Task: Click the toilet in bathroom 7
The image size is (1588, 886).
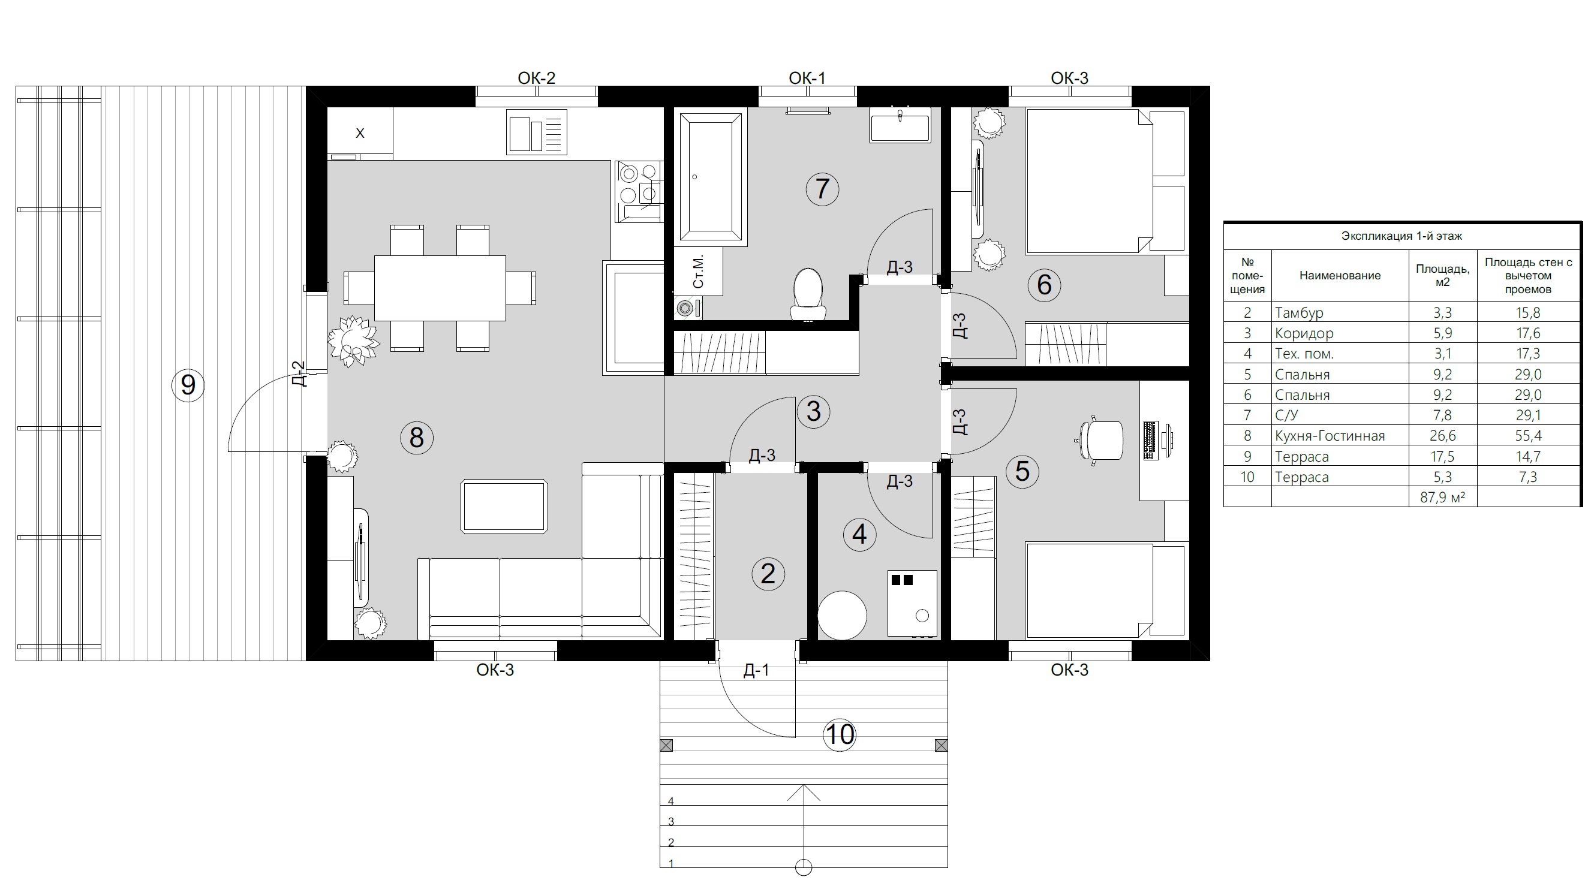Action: [x=808, y=293]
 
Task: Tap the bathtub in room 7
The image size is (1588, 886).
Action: [x=711, y=177]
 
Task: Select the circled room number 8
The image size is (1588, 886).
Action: [x=417, y=438]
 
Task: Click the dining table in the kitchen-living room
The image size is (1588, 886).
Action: [x=440, y=288]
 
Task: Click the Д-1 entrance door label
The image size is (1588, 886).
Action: [x=756, y=670]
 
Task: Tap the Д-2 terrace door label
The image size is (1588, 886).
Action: [x=299, y=373]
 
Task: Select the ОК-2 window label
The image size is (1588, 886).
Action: [x=536, y=79]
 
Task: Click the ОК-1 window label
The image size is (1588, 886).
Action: [x=807, y=79]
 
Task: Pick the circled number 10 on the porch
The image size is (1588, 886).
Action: [x=840, y=734]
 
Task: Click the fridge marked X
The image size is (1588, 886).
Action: [x=360, y=133]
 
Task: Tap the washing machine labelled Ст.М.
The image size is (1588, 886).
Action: [x=698, y=272]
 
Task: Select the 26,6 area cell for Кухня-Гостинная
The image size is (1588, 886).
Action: [x=1442, y=436]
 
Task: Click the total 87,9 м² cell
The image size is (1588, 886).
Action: [x=1442, y=497]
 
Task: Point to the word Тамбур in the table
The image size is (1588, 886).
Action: [x=1299, y=313]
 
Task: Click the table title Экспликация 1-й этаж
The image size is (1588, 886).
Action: [x=1402, y=236]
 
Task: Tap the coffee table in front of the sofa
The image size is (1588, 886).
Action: [x=504, y=507]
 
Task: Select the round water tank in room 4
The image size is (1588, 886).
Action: [x=842, y=615]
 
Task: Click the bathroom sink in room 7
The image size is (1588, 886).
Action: [x=900, y=125]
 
